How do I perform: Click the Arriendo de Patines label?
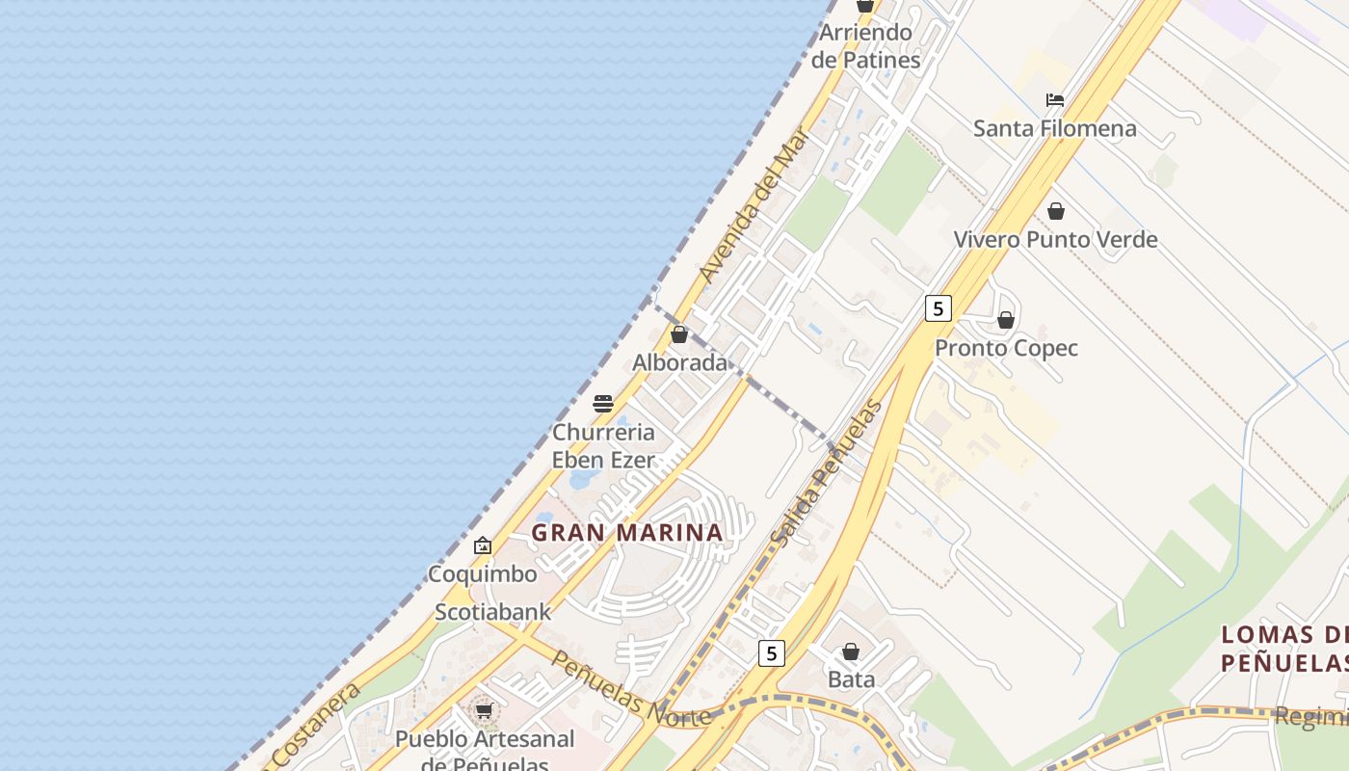click(865, 46)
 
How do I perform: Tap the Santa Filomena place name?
click(1054, 128)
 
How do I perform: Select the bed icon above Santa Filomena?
click(1055, 100)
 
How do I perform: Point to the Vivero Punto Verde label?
click(1055, 239)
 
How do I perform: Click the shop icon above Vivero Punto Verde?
click(1056, 211)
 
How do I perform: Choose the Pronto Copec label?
click(1006, 348)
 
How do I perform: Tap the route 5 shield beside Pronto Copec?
click(938, 308)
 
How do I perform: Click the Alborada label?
click(679, 362)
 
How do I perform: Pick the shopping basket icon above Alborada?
click(679, 334)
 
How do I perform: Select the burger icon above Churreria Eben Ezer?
click(603, 404)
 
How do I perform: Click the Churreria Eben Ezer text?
click(603, 446)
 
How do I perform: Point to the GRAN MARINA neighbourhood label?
click(627, 532)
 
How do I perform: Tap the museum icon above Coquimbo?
click(483, 545)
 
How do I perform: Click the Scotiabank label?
click(492, 612)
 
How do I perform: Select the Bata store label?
click(851, 679)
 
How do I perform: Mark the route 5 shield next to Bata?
click(771, 653)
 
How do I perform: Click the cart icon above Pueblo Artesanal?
click(484, 711)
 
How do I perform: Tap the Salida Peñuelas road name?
click(827, 474)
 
